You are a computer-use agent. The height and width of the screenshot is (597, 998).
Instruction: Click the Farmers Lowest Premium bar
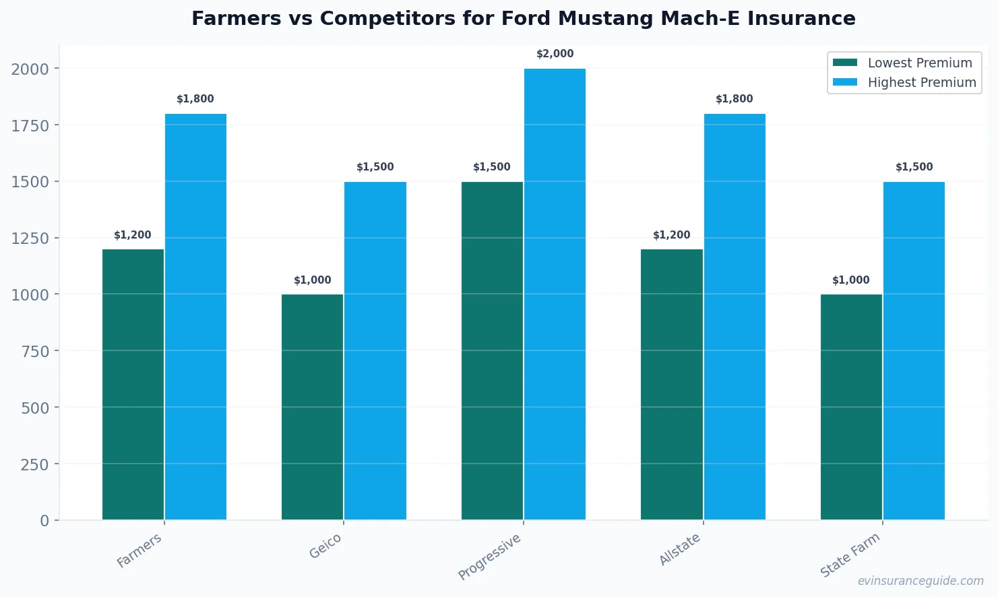tap(133, 384)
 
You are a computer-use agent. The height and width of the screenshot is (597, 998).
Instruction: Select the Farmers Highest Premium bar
tap(195, 317)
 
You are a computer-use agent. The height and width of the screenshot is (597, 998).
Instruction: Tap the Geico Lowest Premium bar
tap(312, 407)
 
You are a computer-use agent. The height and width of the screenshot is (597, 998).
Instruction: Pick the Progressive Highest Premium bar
tap(555, 294)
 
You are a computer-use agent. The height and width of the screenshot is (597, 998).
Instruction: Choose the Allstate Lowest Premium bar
tap(671, 384)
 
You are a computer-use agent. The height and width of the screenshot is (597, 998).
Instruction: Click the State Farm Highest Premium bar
tap(914, 350)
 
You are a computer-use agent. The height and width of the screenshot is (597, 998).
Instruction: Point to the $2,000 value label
tap(555, 54)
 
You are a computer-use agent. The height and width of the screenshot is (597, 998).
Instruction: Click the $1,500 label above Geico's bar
tap(375, 167)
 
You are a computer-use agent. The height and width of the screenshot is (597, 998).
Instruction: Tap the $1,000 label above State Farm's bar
tap(850, 280)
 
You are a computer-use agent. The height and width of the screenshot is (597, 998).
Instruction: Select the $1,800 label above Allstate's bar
tap(734, 99)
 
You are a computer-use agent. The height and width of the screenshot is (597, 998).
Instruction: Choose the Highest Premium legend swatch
tap(845, 82)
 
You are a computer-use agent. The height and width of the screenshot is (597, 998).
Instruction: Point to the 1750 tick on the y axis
tap(30, 125)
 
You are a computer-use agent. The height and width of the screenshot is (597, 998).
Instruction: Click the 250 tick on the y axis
tap(34, 464)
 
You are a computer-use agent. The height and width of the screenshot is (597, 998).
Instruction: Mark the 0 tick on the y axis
tap(44, 521)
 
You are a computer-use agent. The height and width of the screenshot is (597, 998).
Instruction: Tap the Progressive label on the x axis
tap(489, 557)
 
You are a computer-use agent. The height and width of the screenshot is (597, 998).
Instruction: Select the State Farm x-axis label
tap(850, 555)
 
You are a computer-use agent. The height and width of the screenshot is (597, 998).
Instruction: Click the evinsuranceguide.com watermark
tap(920, 581)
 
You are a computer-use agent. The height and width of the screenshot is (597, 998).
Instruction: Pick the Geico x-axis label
tap(325, 546)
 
